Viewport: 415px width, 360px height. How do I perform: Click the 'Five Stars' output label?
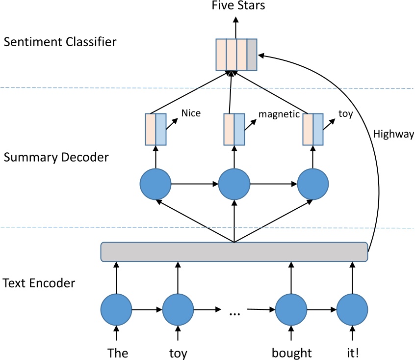coord(238,5)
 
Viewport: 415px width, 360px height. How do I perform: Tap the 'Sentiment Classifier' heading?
coord(60,42)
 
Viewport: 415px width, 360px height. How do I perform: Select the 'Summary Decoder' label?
coord(56,157)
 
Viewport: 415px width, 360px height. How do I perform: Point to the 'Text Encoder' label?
coord(39,283)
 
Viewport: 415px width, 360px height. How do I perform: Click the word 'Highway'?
coord(393,134)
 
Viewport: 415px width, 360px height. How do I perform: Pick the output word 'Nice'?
coord(191,113)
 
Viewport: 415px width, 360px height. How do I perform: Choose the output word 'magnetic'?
coord(279,114)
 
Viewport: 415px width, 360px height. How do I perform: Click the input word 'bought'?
coord(292,353)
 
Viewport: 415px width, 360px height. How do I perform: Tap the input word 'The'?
coord(118,353)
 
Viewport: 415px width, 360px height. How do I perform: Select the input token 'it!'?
coord(353,353)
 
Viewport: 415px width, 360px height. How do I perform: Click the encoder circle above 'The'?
coord(116,309)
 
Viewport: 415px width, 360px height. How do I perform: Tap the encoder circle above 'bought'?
coord(291,309)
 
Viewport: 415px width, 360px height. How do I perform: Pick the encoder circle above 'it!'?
coord(352,309)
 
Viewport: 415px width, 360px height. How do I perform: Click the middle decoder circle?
coord(234,184)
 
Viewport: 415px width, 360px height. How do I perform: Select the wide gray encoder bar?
coord(234,251)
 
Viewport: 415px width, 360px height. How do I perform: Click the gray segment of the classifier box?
coord(252,55)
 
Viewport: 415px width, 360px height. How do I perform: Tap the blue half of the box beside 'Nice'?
coord(161,129)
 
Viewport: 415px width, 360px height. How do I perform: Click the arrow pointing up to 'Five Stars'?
coord(236,28)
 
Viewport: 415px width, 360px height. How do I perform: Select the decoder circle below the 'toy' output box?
coord(313,184)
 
